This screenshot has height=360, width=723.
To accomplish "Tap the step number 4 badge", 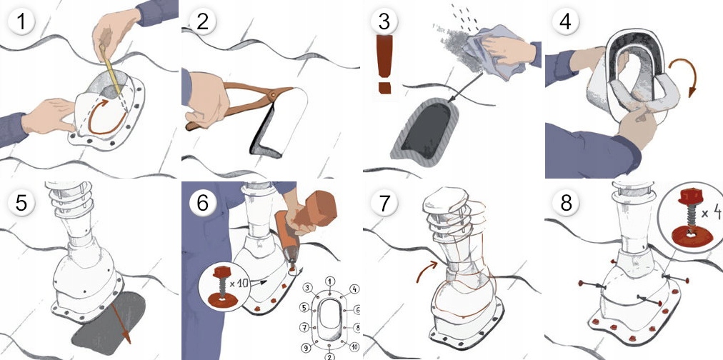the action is pos(565,21).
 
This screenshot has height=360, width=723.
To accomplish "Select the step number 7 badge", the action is pos(384,203).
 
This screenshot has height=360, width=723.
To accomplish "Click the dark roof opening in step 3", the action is pos(427,126).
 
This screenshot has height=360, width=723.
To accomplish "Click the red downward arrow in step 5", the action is pos(121,324).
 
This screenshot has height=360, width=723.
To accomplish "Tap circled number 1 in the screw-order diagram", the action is pos(329,281).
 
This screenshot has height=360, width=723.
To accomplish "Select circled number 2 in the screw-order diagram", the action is pos(329,355).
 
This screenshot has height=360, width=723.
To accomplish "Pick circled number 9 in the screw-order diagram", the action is pos(304,348).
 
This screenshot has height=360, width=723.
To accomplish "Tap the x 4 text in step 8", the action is pos(706,213).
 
